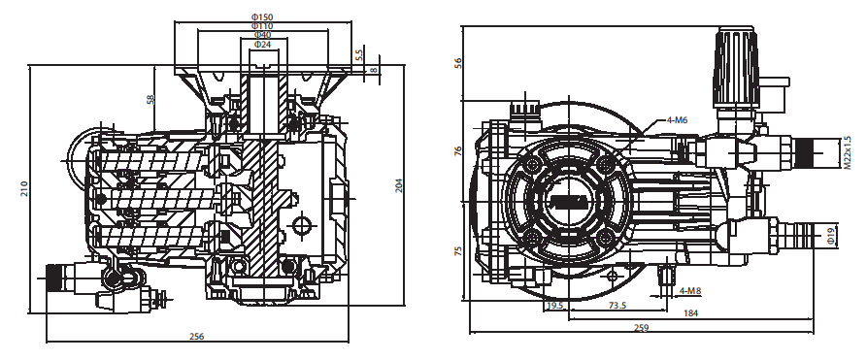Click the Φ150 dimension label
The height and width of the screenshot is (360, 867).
pos(263,17)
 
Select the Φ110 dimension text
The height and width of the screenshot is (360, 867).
pos(263,26)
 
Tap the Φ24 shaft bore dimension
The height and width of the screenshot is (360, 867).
pos(263,44)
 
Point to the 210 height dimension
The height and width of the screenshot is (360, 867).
pos(24,189)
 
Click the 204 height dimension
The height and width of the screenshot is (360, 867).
pos(399,184)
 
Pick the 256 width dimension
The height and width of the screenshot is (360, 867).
pos(197,336)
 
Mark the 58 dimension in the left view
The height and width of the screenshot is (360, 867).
pos(150,99)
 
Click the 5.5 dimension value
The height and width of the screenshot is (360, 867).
pos(359,54)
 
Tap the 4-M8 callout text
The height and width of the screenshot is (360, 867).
pos(690,290)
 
